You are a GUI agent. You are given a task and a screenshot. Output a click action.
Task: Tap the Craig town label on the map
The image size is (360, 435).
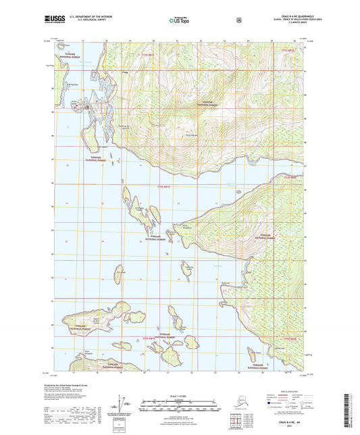pyautogui.click(x=124, y=72)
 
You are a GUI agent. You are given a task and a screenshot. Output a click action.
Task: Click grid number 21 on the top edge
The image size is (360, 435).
pyautogui.click(x=175, y=41)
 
